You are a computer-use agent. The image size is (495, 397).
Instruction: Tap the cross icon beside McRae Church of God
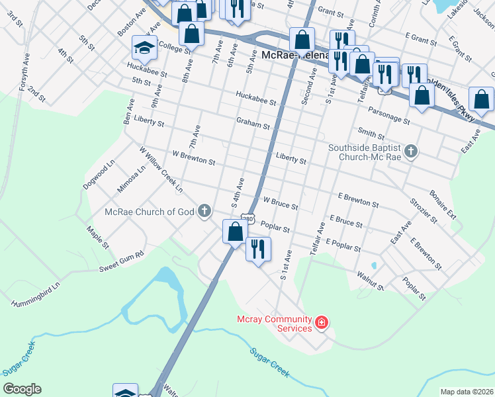205,212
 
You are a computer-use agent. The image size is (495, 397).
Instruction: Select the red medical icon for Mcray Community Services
322,323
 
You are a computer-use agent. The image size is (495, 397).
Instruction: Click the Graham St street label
253,123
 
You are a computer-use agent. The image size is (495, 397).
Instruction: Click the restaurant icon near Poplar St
257,249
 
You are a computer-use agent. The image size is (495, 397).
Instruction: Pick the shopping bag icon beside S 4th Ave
235,232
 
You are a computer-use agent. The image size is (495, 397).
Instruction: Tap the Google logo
22,389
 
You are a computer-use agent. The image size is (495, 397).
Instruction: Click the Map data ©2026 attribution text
467,392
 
